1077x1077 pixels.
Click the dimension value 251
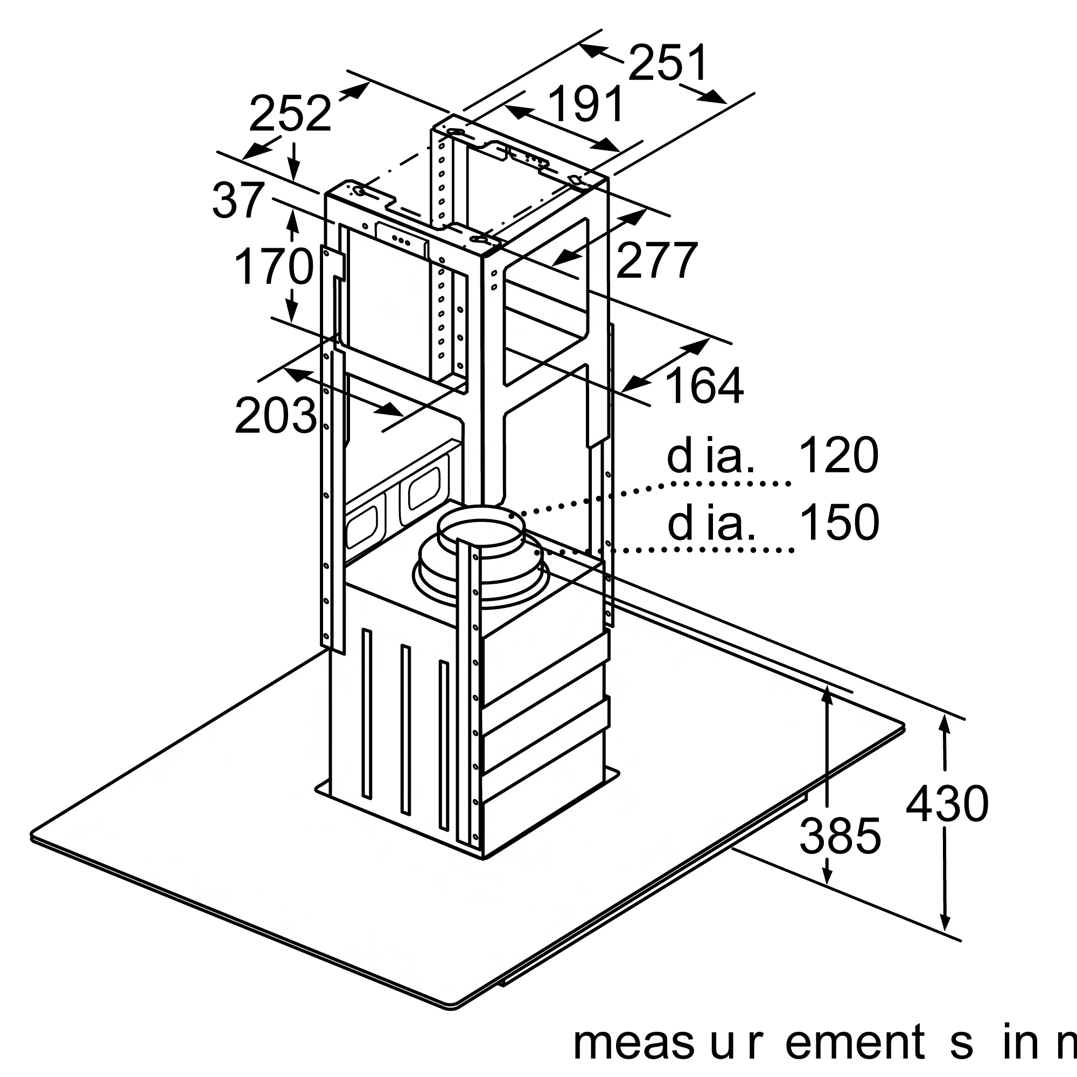pyautogui.click(x=668, y=63)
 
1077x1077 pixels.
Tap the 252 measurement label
pyautogui.click(x=290, y=115)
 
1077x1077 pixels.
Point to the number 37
pyautogui.click(x=238, y=201)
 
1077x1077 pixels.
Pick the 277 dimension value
pyautogui.click(x=656, y=260)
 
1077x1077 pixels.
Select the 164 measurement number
pyautogui.click(x=704, y=386)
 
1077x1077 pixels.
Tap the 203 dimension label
pyautogui.click(x=276, y=416)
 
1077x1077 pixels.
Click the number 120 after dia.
pyautogui.click(x=838, y=456)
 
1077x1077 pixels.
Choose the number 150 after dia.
pyautogui.click(x=839, y=523)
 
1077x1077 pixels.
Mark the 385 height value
pyautogui.click(x=840, y=836)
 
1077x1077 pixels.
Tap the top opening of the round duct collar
pyautogui.click(x=480, y=527)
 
